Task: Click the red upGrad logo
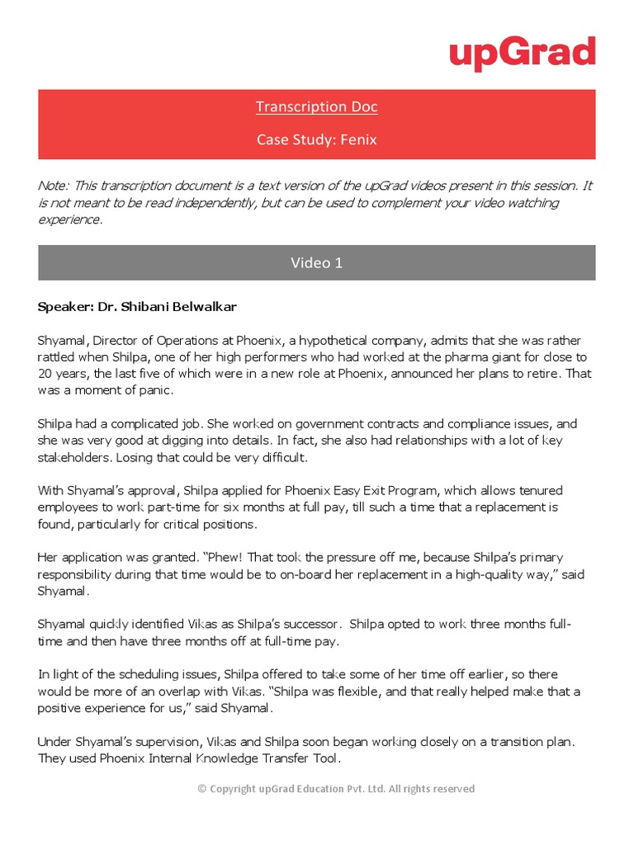tap(522, 54)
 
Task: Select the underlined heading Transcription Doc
tap(305, 106)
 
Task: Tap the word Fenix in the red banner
tap(360, 139)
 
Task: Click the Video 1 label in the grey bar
tap(316, 263)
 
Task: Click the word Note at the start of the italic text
tap(51, 186)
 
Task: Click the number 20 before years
tap(45, 374)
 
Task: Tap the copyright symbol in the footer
tap(202, 789)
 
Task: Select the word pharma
tap(466, 357)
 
